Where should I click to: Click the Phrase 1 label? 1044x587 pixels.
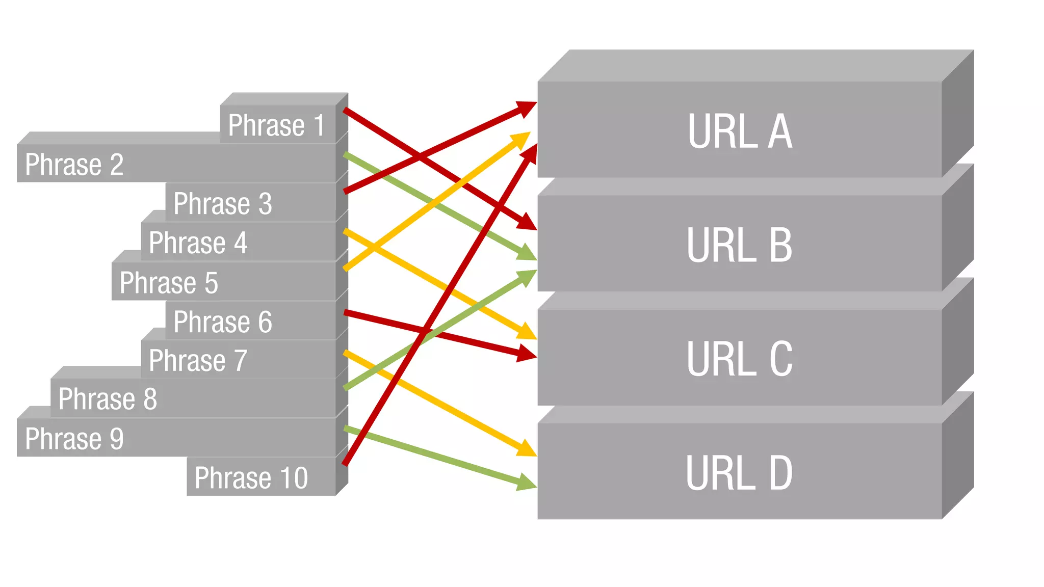[276, 125]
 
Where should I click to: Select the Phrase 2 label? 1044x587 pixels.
[74, 165]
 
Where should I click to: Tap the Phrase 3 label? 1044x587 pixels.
[222, 204]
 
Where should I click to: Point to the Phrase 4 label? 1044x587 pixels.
[198, 243]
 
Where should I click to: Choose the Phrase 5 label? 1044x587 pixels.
[169, 283]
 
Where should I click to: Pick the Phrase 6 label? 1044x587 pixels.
[222, 322]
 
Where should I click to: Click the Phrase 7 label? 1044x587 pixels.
[198, 361]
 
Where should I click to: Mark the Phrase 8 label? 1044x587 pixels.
[108, 399]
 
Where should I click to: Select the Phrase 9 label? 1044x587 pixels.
[74, 439]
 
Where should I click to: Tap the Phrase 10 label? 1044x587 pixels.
[251, 478]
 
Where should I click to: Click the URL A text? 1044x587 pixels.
[740, 131]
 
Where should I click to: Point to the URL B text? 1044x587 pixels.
[739, 245]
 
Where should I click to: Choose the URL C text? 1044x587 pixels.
[739, 359]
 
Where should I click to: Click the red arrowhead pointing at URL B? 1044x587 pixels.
[528, 223]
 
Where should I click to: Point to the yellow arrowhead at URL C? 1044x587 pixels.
[527, 333]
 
